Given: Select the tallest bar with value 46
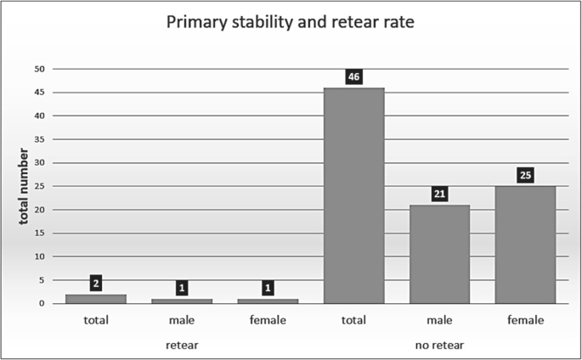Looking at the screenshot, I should [353, 195].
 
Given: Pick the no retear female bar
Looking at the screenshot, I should [525, 245].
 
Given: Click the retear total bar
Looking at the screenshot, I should [96, 299].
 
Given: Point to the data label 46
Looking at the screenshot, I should [353, 76].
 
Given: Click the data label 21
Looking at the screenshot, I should [439, 194].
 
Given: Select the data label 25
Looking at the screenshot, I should [525, 175].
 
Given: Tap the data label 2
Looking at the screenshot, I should [96, 283].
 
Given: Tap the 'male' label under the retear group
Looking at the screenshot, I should [182, 320].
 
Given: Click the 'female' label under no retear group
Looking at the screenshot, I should [525, 320].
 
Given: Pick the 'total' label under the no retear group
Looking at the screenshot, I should [353, 320].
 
